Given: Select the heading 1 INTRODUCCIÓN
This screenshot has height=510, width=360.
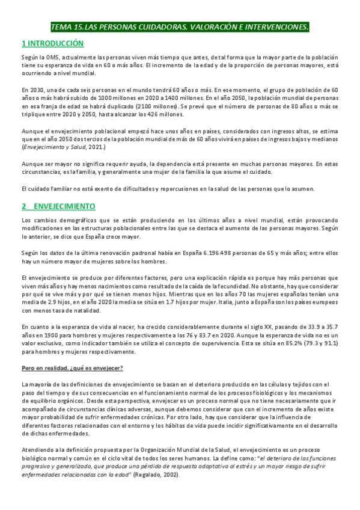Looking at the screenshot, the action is pos(52,43).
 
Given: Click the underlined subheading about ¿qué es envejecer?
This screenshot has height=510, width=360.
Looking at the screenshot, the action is pos(70,366).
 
